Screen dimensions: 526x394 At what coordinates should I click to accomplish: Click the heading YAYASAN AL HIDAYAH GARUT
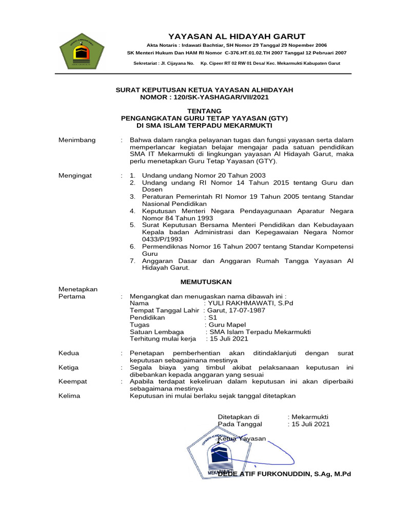point(237,36)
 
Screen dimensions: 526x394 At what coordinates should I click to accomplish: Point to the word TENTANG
point(204,110)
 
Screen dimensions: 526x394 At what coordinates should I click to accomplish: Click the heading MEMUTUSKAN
point(206,282)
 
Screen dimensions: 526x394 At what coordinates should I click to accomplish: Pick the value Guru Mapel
point(226,325)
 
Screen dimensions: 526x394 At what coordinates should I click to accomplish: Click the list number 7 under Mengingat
point(132,261)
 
